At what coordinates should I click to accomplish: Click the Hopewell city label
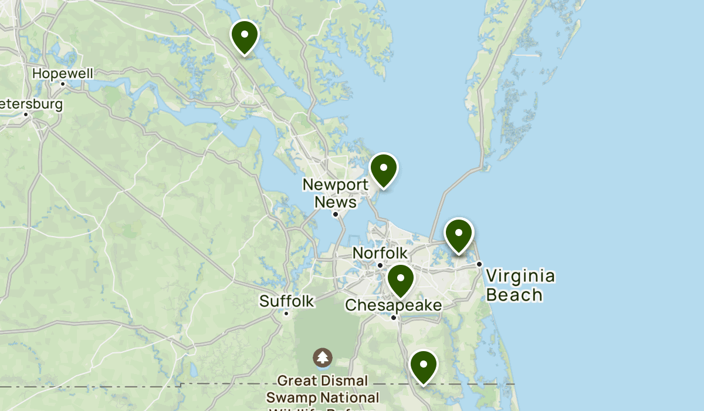[x=63, y=73]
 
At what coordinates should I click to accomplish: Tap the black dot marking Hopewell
[x=63, y=83]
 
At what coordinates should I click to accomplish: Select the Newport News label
[x=336, y=193]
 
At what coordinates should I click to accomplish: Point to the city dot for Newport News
[x=336, y=214]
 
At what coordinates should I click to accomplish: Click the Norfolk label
[x=380, y=253]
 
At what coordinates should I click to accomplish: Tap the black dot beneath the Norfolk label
[x=380, y=265]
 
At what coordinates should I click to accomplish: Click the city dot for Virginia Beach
[x=479, y=264]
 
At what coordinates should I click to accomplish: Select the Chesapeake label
[x=393, y=305]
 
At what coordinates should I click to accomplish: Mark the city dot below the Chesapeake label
[x=394, y=318]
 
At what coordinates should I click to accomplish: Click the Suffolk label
[x=287, y=301]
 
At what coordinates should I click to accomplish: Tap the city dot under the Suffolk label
[x=286, y=314]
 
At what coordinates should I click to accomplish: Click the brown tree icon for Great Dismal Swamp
[x=322, y=357]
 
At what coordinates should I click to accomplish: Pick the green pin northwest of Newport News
[x=245, y=36]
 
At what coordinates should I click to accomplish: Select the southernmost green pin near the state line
[x=423, y=366]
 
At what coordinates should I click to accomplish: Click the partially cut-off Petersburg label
[x=31, y=104]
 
